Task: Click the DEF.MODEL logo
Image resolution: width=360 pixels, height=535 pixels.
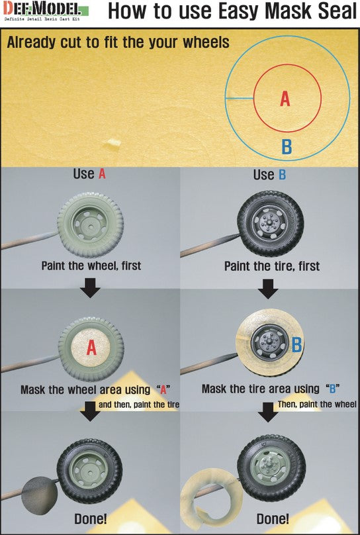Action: click(46, 12)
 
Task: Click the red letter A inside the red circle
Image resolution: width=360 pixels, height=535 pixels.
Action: click(285, 99)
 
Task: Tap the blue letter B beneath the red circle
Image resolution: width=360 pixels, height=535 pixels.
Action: click(287, 147)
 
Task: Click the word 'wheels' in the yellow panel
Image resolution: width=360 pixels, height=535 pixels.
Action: click(206, 42)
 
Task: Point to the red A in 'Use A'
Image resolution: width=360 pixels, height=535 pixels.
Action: click(102, 174)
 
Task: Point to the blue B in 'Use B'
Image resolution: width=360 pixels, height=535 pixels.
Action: click(282, 175)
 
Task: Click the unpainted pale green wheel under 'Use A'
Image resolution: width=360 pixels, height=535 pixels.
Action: click(91, 225)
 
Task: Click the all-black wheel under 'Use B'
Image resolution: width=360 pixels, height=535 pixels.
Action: click(271, 224)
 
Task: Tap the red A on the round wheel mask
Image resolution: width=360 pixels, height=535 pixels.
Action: click(91, 348)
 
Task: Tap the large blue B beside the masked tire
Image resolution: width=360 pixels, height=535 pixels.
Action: click(296, 344)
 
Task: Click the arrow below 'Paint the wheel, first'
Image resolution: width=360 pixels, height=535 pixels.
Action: click(90, 288)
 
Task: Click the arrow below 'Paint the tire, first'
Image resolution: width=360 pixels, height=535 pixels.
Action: click(268, 289)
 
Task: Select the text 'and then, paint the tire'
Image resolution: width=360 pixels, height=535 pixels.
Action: click(139, 405)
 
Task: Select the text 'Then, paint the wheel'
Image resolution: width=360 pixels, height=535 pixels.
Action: click(317, 405)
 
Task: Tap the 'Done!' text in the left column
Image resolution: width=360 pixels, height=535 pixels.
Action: click(91, 519)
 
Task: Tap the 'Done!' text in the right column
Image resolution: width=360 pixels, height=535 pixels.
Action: click(273, 519)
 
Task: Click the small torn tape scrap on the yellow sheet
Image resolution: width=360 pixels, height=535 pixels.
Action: click(112, 144)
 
